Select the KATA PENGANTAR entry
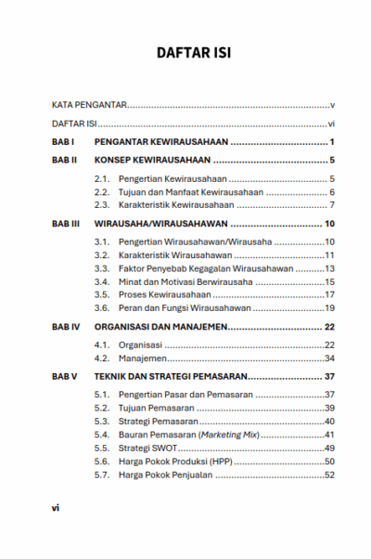89,107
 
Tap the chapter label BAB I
62,142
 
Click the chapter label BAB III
66,225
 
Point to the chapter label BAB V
64,377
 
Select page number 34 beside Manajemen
328,358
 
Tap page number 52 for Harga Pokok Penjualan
328,474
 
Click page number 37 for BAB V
328,377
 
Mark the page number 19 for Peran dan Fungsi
328,307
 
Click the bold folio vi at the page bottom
55,508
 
